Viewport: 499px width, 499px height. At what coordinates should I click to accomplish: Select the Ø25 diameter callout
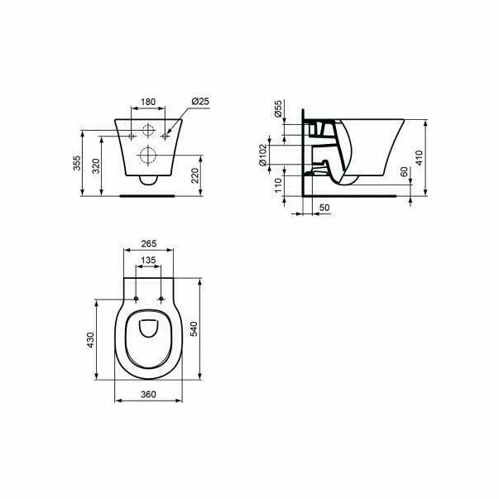200,102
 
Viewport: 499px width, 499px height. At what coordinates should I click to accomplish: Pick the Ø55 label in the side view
278,111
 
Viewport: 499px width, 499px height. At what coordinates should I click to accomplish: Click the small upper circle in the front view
149,130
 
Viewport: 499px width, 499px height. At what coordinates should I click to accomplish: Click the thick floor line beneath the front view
150,197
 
